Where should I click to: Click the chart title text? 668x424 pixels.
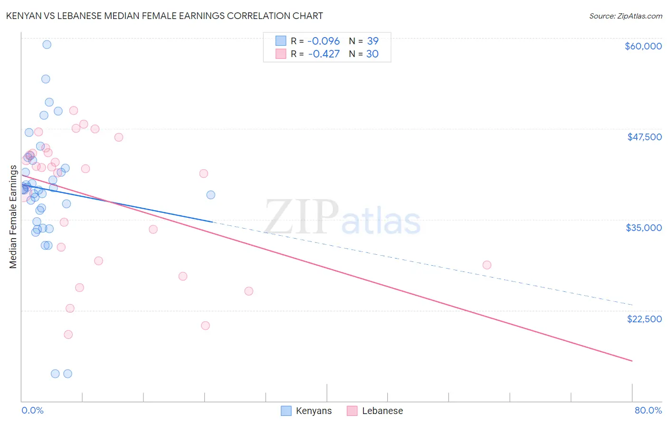[164, 16]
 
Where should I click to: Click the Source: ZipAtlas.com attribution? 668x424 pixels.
[625, 16]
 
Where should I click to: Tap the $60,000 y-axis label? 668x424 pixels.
[643, 46]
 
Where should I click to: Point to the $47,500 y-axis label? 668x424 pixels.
[644, 137]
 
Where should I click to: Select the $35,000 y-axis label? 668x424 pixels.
[644, 228]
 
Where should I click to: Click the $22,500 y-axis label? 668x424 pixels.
[644, 319]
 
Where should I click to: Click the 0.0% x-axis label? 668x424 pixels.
[32, 410]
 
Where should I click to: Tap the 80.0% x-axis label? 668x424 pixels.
[648, 410]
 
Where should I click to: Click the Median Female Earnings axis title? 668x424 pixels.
[13, 217]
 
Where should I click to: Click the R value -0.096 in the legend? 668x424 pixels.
[324, 41]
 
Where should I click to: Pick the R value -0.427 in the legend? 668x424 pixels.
[324, 54]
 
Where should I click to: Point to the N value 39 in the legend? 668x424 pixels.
[372, 41]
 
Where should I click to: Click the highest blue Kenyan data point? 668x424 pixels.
[47, 45]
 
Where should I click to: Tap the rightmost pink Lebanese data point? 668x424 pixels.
[487, 265]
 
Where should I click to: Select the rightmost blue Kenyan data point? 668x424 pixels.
[210, 195]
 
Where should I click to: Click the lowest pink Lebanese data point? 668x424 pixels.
[68, 335]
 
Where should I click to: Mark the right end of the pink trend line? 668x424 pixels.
[632, 361]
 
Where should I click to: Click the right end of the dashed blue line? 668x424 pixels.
[632, 305]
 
